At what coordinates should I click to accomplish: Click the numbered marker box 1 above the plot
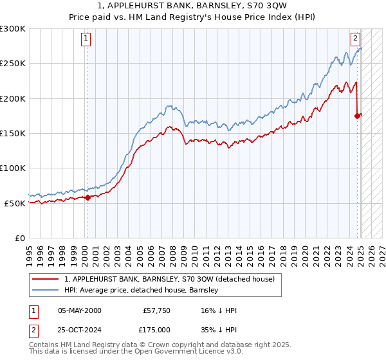click(86, 38)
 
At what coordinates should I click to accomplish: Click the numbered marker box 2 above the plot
click(355, 38)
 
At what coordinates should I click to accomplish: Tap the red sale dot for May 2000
click(88, 197)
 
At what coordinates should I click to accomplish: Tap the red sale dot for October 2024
click(357, 116)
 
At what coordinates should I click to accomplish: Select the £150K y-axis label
click(13, 133)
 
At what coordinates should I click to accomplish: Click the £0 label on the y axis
click(19, 238)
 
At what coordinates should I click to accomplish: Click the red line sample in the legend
click(46, 279)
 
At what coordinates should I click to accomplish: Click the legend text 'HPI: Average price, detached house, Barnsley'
click(142, 290)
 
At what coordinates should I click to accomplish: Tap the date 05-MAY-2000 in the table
click(79, 310)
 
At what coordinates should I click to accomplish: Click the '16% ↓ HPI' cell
click(218, 310)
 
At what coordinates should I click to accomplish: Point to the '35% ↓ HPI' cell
click(218, 329)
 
